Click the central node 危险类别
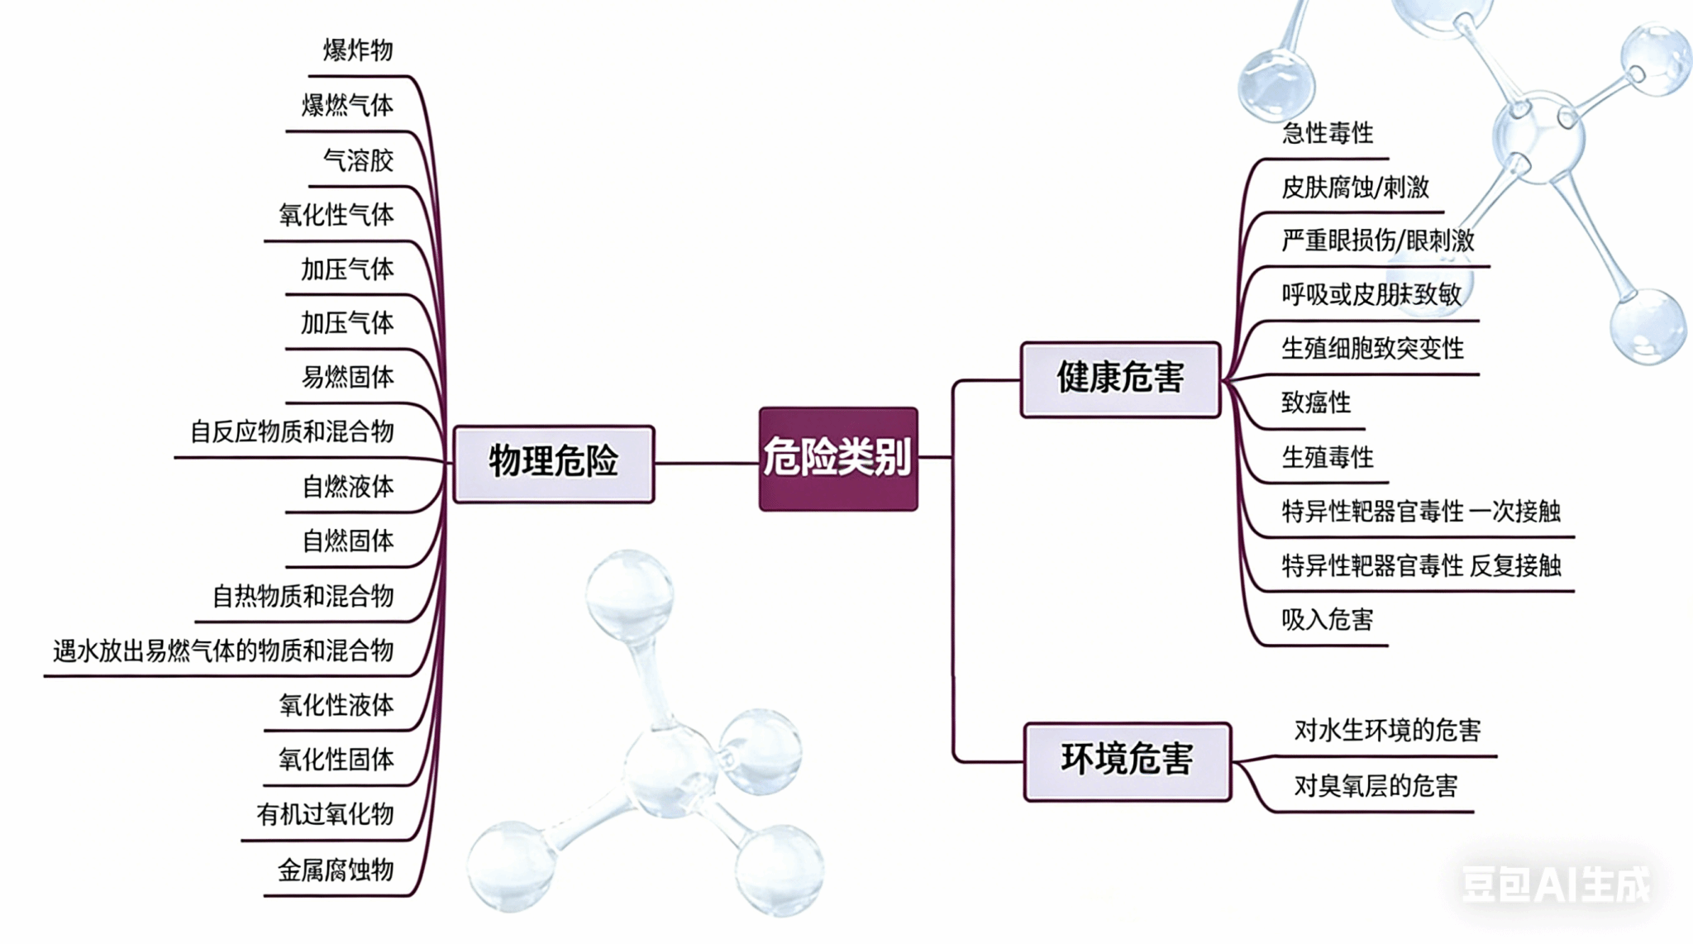coord(837,458)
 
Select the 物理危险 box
coord(553,462)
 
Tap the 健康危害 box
coord(1120,379)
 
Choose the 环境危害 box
coord(1127,760)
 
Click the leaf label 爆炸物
coord(358,50)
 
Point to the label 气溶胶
coord(358,160)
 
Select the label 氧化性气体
coord(336,215)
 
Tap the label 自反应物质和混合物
coord(292,431)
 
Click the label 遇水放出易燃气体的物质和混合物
coord(223,651)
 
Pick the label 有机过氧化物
coord(325,815)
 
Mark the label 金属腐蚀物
coord(336,870)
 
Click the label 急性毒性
coord(1328,133)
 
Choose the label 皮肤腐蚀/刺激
coord(1355,188)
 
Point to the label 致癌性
coord(1316,403)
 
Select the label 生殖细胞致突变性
coord(1372,349)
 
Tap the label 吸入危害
coord(1328,620)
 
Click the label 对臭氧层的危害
coord(1376,786)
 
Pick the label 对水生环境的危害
coord(1387,731)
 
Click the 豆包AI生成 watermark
coord(1556,885)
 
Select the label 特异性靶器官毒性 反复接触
coord(1421,566)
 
